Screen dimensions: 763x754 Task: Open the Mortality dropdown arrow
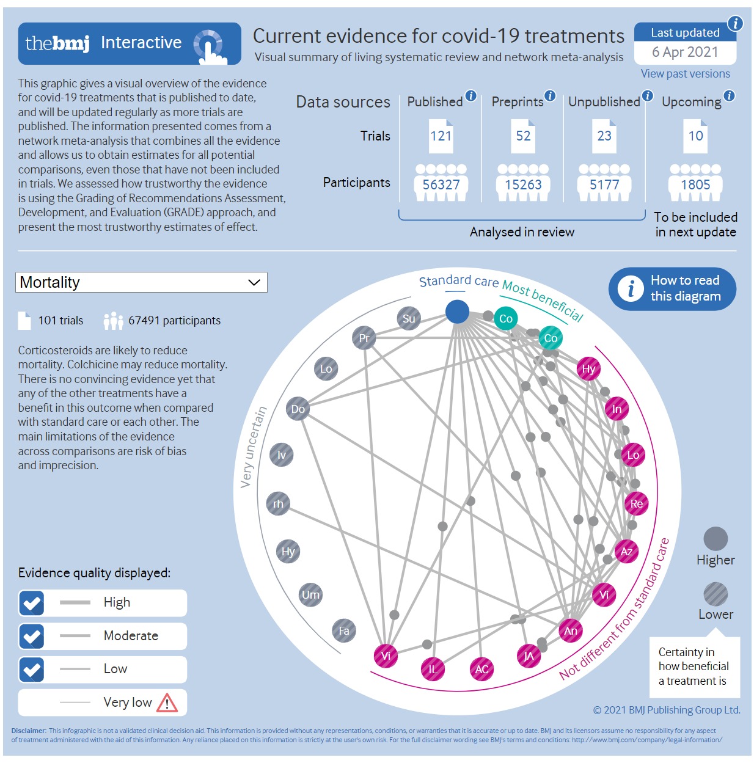tap(254, 282)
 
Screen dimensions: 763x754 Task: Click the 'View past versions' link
tap(685, 74)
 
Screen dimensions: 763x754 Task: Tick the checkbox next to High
tap(32, 603)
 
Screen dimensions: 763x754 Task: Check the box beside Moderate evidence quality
tap(32, 637)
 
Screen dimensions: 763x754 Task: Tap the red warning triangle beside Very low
tap(167, 703)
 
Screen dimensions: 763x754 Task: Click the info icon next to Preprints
tap(550, 95)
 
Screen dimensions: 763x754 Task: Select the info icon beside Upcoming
tap(729, 96)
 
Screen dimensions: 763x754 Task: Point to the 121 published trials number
tap(441, 136)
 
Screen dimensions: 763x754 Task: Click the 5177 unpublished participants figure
tap(604, 184)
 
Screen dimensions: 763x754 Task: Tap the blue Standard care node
tap(457, 312)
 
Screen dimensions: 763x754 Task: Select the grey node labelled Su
tap(409, 318)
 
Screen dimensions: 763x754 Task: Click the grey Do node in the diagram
tap(298, 409)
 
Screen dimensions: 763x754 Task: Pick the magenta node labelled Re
tap(637, 504)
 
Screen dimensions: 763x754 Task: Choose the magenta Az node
tap(626, 552)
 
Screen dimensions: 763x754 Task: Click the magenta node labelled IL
tap(433, 670)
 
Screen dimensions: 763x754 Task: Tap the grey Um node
tap(310, 595)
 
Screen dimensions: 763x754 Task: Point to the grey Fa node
tap(344, 631)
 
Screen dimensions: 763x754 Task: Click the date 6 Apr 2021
tap(685, 53)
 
